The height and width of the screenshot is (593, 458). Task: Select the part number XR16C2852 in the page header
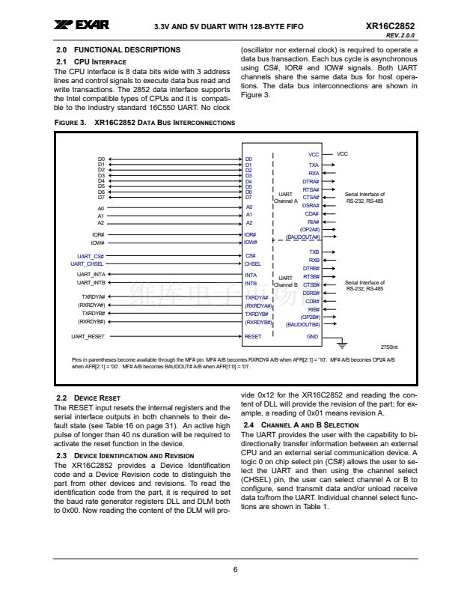(391, 26)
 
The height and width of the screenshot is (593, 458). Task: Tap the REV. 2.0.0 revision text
(401, 36)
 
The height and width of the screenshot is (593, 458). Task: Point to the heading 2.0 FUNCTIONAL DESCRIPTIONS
(118, 50)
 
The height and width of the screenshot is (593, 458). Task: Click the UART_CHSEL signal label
(87, 264)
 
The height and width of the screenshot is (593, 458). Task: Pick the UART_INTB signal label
(91, 283)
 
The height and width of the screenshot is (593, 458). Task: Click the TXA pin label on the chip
(314, 164)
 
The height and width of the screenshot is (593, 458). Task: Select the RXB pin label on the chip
(314, 260)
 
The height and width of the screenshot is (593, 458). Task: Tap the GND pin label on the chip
(313, 337)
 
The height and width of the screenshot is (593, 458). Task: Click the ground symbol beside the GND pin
(343, 345)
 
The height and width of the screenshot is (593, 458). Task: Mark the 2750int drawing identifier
(389, 347)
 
